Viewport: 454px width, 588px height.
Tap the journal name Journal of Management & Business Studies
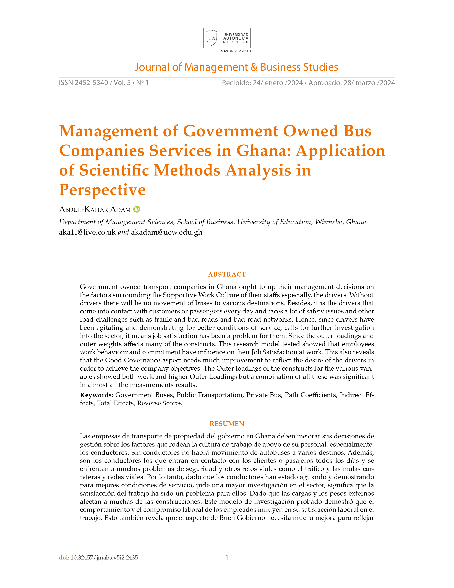tap(236, 67)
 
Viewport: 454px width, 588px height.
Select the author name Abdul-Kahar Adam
tap(95, 210)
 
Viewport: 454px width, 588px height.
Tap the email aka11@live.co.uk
tap(87, 232)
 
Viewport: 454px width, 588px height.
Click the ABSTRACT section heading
tap(227, 274)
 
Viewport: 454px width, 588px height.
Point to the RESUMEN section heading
tap(227, 424)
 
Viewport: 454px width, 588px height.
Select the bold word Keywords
tap(96, 395)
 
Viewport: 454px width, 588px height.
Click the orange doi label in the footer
tap(64, 557)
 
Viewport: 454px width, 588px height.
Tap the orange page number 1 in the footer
tap(227, 557)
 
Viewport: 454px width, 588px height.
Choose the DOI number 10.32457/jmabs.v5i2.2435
tap(104, 557)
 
